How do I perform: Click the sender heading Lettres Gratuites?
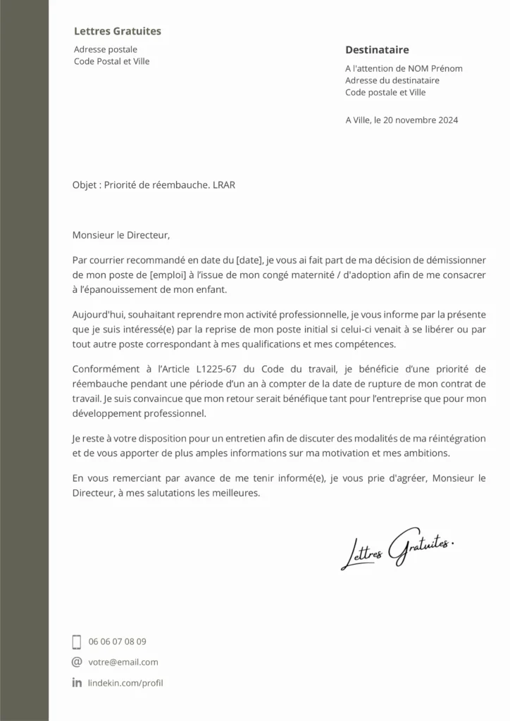click(118, 31)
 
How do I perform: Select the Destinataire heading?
click(377, 50)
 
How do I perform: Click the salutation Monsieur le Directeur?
click(121, 235)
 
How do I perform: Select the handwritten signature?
click(398, 547)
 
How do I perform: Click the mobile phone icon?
click(77, 641)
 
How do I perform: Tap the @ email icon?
click(77, 662)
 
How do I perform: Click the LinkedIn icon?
click(77, 682)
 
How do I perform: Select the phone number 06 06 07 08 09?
click(118, 641)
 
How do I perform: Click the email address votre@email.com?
click(123, 662)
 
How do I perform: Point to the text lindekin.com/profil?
click(126, 682)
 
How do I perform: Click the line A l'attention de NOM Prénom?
click(404, 68)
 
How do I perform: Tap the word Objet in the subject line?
click(85, 185)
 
